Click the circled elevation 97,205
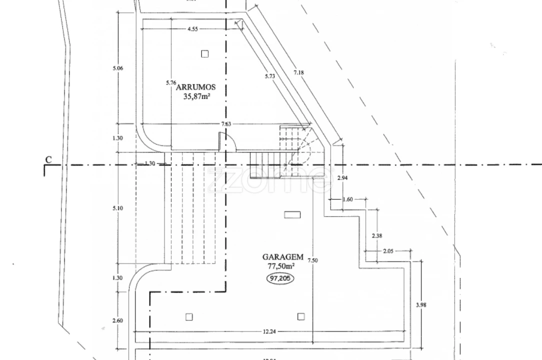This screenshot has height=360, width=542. [280, 278]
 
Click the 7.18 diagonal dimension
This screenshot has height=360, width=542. [299, 72]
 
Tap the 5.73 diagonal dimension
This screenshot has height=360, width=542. [270, 76]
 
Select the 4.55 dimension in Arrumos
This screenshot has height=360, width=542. [193, 29]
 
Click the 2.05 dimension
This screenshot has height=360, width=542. [389, 250]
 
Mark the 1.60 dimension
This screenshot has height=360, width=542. [348, 199]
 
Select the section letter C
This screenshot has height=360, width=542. [48, 160]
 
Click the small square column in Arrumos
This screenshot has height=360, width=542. [205, 53]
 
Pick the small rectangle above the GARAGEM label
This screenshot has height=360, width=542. [292, 214]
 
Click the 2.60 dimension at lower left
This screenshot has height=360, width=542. [117, 320]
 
